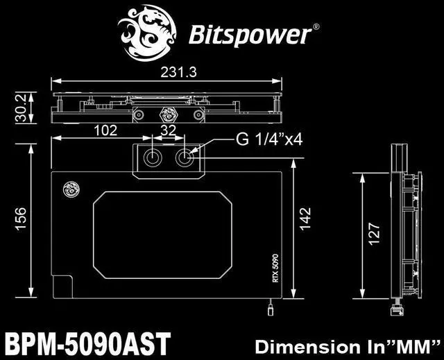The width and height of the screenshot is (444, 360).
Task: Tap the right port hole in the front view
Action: point(185,157)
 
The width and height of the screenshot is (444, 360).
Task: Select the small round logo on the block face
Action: point(69,189)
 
